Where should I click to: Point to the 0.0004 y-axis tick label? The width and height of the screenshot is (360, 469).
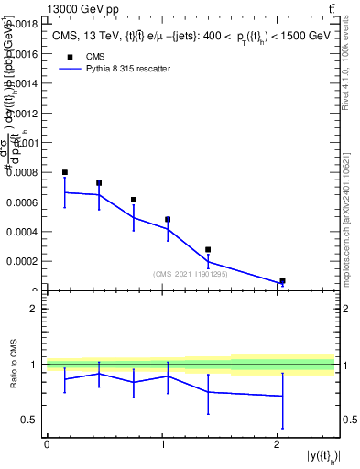pos(23,231)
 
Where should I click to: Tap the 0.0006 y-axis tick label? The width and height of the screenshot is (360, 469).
pos(23,202)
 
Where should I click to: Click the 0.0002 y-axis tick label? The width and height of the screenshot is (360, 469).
pos(23,260)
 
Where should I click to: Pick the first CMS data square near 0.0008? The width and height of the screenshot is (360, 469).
pos(65,172)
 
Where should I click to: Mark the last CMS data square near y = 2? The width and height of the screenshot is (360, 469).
pos(282,281)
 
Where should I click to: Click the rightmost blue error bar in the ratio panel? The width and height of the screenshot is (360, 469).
pos(282,400)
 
